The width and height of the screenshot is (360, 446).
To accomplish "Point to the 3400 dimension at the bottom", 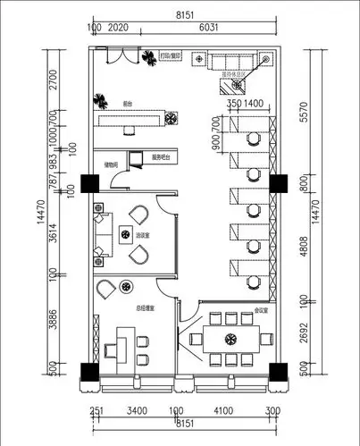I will pos(137,412).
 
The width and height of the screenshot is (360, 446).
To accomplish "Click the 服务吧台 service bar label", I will pos(161,157).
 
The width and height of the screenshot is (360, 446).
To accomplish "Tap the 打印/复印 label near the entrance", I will pos(171,55).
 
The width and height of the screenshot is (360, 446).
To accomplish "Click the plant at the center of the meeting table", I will pos(230,339).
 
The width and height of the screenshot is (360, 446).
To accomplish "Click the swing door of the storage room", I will pos(117,182).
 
